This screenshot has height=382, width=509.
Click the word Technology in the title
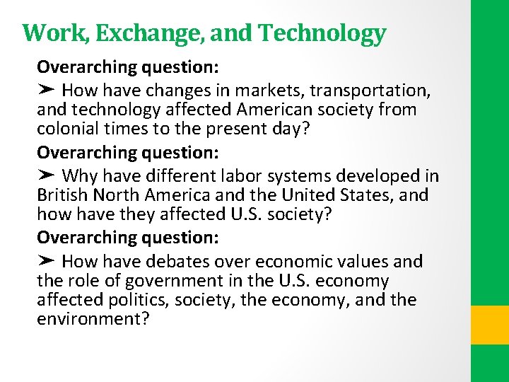[322, 33]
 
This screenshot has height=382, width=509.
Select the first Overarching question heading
[128, 67]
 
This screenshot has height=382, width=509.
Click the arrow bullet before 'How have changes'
[46, 91]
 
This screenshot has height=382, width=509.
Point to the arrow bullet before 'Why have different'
[46, 175]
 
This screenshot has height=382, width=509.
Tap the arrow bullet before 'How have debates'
[46, 261]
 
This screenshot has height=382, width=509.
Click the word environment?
[93, 319]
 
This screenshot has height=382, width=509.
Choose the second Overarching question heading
[128, 152]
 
